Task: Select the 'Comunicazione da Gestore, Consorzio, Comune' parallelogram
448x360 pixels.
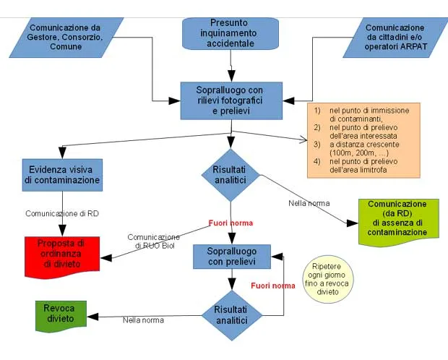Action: (x=66, y=37)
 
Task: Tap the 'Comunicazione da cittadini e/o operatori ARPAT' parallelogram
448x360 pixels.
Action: (x=393, y=37)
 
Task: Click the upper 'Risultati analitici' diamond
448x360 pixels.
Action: (x=230, y=174)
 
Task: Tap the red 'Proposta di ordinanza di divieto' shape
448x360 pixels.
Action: (x=62, y=254)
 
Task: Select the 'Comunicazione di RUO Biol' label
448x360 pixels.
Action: (x=154, y=241)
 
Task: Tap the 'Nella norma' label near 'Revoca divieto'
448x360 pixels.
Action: (x=143, y=320)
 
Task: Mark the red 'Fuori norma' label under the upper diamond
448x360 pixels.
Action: (x=231, y=223)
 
